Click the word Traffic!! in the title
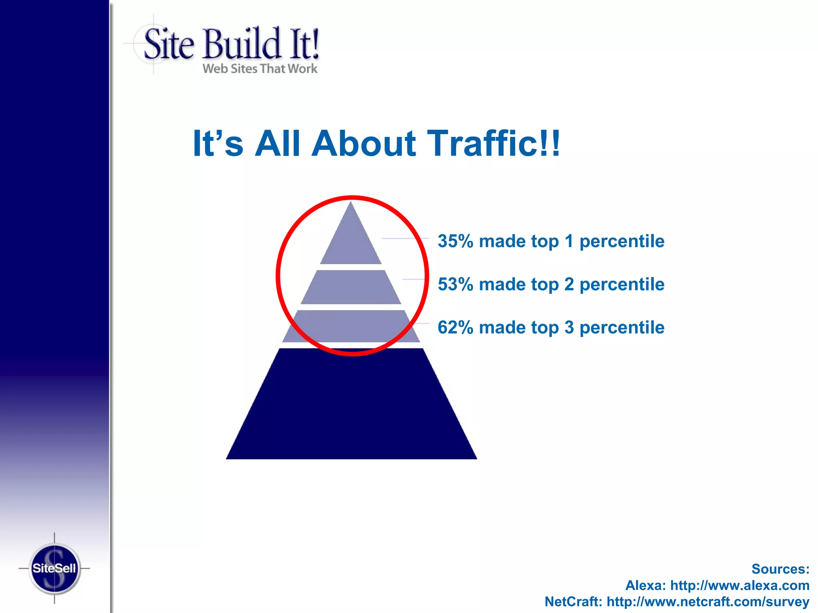[494, 143]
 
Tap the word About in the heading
[363, 143]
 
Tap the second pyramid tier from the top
[351, 287]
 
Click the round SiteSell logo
[54, 568]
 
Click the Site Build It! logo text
[232, 44]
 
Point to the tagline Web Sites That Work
[260, 69]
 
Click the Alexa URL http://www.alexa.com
[740, 585]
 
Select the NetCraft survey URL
[708, 601]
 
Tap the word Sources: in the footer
[780, 569]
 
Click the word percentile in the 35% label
[622, 241]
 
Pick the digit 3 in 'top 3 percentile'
[569, 327]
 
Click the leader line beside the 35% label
[405, 238]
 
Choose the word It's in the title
[218, 143]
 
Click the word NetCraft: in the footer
[573, 601]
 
